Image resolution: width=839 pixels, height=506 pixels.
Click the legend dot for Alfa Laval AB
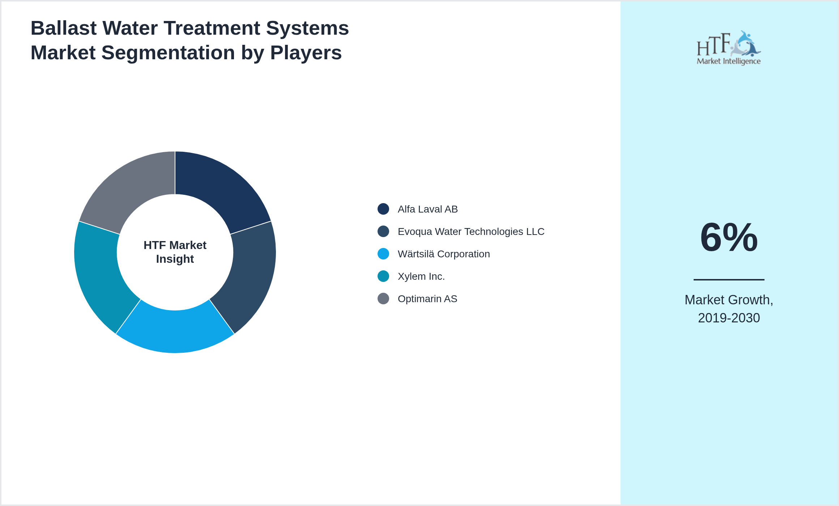tap(383, 209)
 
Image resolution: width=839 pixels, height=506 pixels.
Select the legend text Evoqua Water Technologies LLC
tap(471, 232)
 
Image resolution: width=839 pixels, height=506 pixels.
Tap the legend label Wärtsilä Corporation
tap(444, 254)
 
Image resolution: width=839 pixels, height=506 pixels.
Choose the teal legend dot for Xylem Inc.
tap(383, 276)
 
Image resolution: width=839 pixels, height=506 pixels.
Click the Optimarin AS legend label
tap(427, 299)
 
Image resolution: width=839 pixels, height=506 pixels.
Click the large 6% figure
tap(729, 237)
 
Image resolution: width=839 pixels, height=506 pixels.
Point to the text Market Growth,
tap(729, 300)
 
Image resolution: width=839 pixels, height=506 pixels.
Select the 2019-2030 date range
tap(729, 318)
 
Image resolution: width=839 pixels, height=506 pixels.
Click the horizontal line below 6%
tap(729, 279)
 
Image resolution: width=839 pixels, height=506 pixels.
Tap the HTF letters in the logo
tap(713, 45)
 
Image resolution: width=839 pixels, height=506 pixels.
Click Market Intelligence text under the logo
tap(729, 61)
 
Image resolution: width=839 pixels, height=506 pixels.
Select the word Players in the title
tap(306, 53)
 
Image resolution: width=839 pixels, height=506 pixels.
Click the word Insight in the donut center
tap(175, 259)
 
